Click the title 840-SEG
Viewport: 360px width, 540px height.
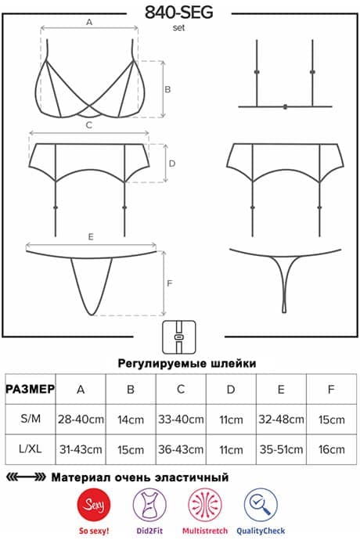pyautogui.click(x=178, y=13)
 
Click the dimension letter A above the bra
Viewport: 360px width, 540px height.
pyautogui.click(x=89, y=22)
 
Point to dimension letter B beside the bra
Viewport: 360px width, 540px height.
pyautogui.click(x=167, y=89)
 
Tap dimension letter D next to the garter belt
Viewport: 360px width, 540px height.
pyautogui.click(x=172, y=164)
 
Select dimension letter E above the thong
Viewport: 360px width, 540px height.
pyautogui.click(x=91, y=236)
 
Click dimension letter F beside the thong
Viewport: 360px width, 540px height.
pyautogui.click(x=170, y=283)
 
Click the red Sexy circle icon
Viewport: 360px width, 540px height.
pyautogui.click(x=94, y=505)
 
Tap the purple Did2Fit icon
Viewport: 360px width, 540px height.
pyautogui.click(x=149, y=505)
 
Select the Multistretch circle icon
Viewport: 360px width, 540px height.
pyautogui.click(x=205, y=505)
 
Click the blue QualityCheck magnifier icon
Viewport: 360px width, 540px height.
pyautogui.click(x=261, y=505)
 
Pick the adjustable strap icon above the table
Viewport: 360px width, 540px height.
pyautogui.click(x=179, y=337)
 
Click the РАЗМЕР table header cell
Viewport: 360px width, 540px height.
pyautogui.click(x=31, y=389)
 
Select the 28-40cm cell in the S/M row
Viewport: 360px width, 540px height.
pyautogui.click(x=81, y=419)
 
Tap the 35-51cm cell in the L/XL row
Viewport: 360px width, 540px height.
pyautogui.click(x=281, y=449)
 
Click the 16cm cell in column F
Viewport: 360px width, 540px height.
pyautogui.click(x=331, y=449)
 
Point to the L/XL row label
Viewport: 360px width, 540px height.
pyautogui.click(x=31, y=448)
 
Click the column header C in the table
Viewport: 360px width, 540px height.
pyautogui.click(x=181, y=389)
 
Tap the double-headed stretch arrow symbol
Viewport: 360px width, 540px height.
pyautogui.click(x=26, y=477)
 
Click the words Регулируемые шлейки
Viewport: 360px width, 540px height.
pyautogui.click(x=187, y=363)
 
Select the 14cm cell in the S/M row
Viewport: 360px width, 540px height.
pyautogui.click(x=131, y=419)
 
